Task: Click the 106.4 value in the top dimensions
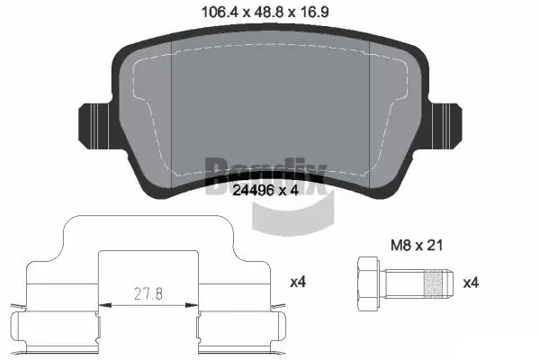point(218,13)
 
